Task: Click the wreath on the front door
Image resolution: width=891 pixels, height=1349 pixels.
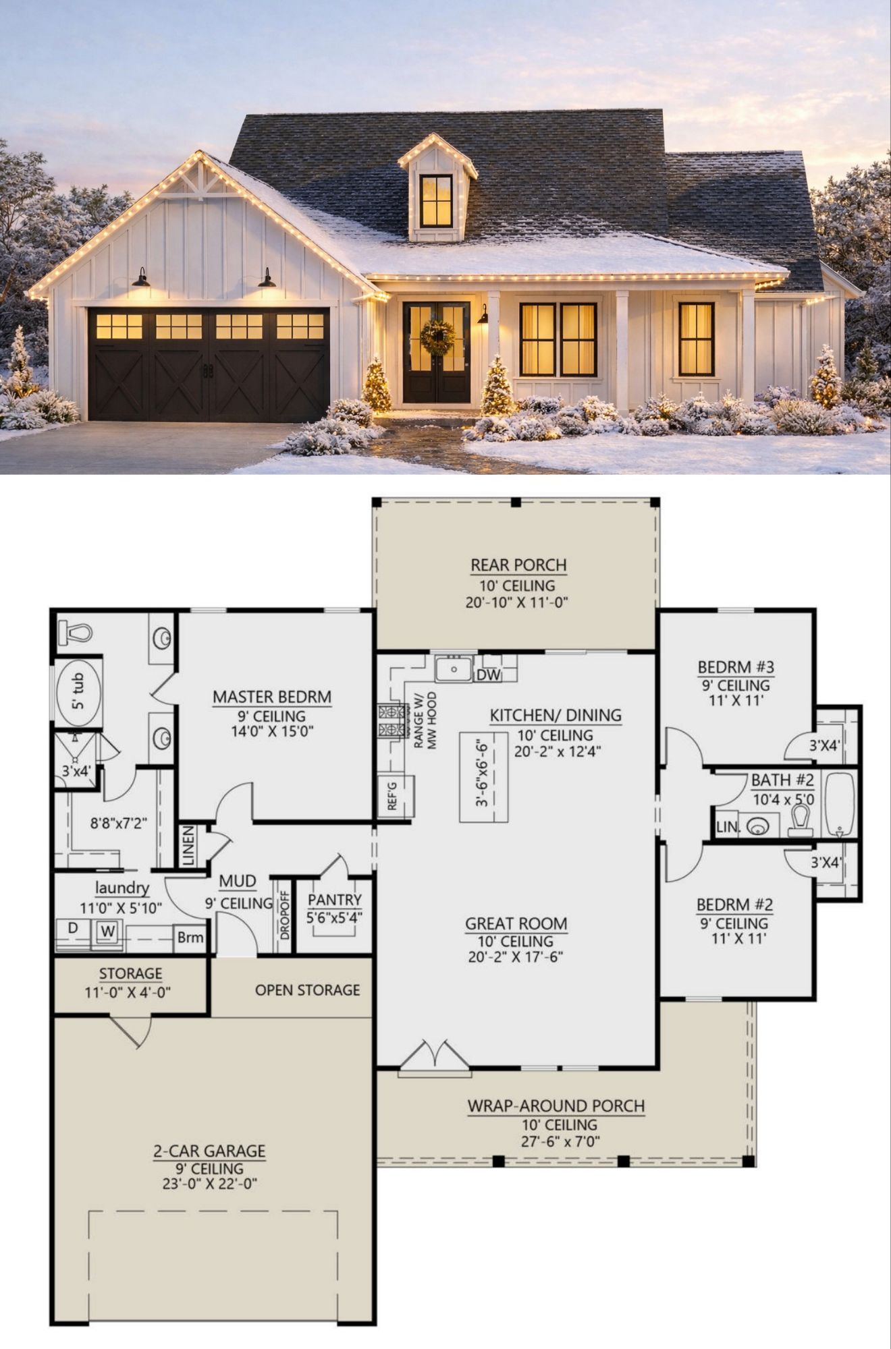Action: [437, 337]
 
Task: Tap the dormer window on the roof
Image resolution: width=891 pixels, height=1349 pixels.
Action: [436, 200]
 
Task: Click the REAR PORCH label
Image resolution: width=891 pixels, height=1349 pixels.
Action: [518, 565]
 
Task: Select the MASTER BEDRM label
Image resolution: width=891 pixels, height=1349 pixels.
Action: [272, 697]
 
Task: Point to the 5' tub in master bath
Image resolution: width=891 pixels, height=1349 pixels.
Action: [78, 693]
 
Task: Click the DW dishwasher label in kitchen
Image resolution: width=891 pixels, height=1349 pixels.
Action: [489, 674]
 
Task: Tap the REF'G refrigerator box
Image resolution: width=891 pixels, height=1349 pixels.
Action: [396, 797]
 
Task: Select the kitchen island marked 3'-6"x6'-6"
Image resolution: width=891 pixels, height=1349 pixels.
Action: [484, 777]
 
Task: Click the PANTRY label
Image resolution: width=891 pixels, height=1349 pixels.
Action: [335, 900]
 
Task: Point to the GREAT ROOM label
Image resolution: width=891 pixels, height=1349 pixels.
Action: [516, 923]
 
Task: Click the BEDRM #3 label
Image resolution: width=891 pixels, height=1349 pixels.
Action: [736, 667]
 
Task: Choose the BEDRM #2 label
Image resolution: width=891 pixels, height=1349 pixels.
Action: [734, 905]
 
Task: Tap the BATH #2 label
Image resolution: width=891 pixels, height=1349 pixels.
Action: [782, 780]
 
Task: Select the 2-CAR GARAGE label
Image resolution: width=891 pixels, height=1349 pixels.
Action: [209, 1151]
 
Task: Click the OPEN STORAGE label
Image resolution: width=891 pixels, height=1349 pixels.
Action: [307, 989]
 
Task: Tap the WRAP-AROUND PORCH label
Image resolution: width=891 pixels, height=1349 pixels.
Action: [556, 1106]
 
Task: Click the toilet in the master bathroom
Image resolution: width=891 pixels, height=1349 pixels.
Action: [76, 633]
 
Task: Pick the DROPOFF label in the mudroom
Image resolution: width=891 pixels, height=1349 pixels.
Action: [285, 916]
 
